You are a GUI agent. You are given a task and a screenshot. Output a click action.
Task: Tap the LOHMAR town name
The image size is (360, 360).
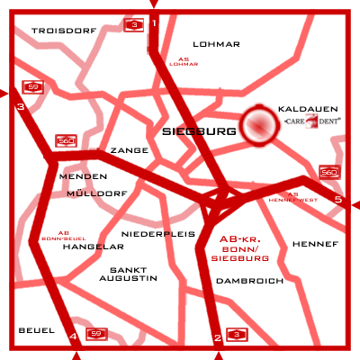point(217,43)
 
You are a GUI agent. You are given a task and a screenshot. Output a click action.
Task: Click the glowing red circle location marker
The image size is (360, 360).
point(259,127)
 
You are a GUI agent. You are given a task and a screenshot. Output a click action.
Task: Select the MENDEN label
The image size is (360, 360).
point(76,176)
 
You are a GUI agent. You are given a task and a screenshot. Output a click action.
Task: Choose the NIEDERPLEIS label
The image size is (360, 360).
point(165,233)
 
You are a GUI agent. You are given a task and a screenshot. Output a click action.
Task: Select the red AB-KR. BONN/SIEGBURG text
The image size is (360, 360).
point(244,248)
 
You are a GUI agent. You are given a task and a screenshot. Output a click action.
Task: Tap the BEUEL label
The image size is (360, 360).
point(36,330)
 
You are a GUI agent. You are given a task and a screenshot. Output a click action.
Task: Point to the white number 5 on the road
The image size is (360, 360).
point(337,199)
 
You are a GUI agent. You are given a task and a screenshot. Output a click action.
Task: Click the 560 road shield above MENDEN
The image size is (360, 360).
point(66,141)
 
